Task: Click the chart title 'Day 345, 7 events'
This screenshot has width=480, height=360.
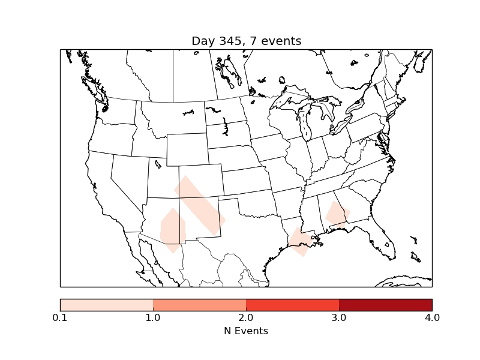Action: click(x=246, y=41)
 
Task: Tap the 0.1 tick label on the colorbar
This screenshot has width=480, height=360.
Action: click(x=60, y=317)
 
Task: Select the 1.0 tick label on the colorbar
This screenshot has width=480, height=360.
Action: click(x=153, y=317)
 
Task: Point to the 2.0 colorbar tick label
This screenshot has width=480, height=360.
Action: click(x=246, y=317)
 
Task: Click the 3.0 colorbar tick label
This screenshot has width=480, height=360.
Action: click(x=339, y=317)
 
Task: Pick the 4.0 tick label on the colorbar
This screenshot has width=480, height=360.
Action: click(x=432, y=317)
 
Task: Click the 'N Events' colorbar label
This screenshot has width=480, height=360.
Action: click(x=246, y=331)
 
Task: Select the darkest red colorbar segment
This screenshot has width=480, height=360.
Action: click(x=385, y=305)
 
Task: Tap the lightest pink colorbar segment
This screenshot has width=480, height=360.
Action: click(x=107, y=305)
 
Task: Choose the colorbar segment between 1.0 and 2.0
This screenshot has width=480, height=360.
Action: click(x=199, y=305)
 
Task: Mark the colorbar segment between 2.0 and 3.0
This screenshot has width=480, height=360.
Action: click(x=292, y=305)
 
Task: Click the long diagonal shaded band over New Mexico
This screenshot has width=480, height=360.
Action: click(x=200, y=205)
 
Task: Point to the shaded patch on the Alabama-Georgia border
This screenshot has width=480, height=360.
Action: click(x=338, y=215)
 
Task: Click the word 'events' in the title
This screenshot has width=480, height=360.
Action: click(x=282, y=41)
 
